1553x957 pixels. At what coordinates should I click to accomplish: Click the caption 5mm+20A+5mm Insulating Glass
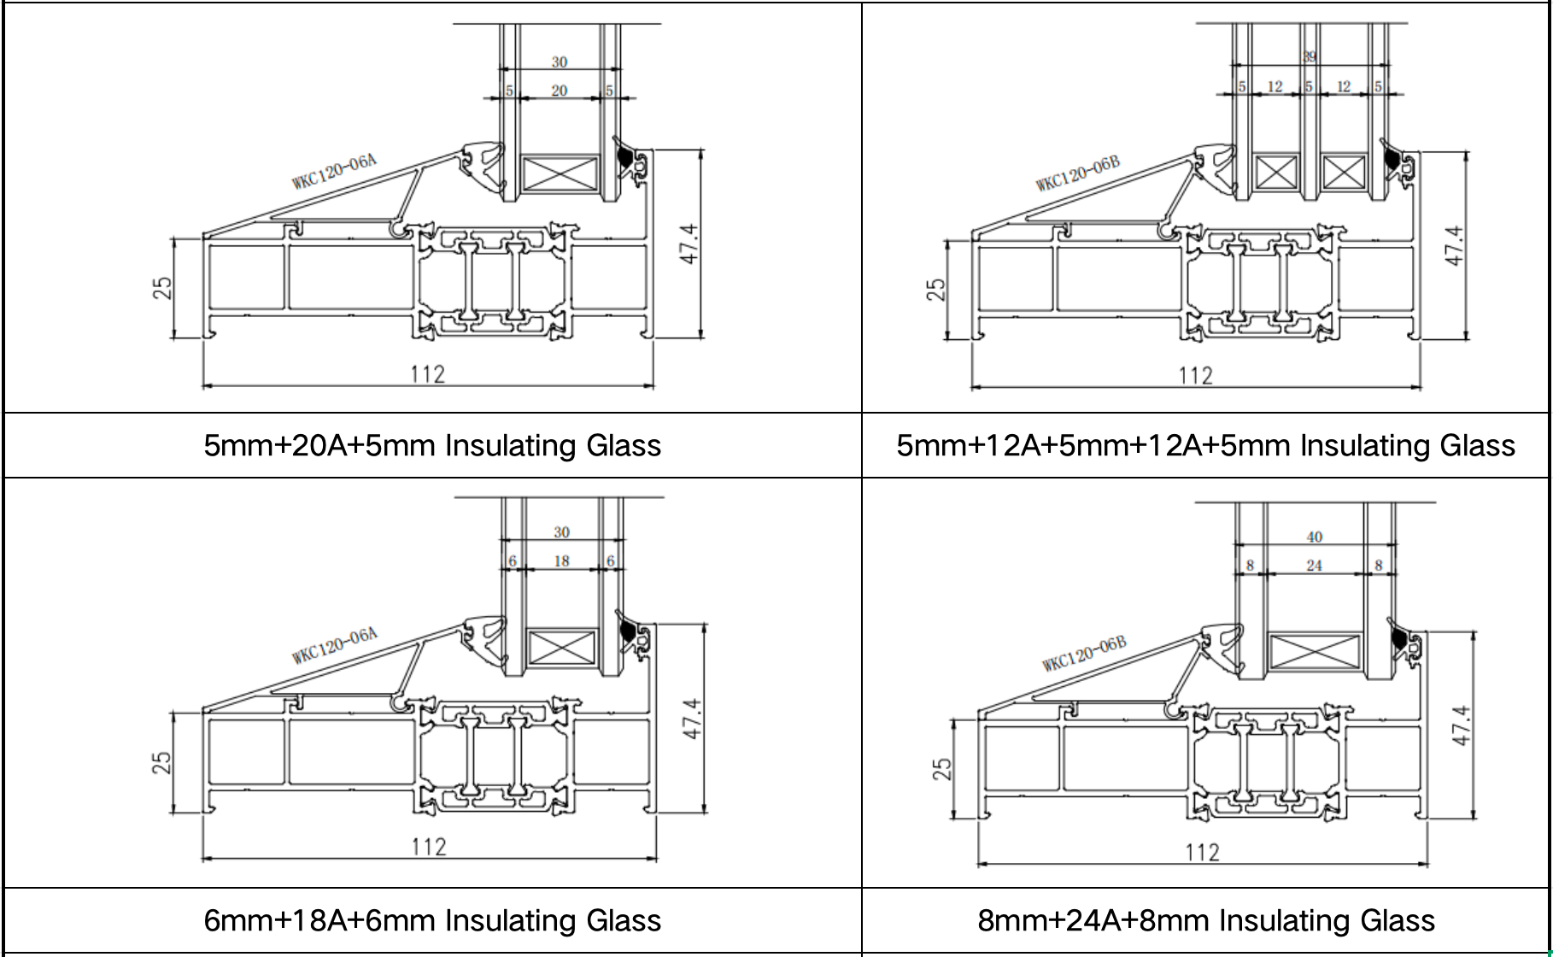pos(432,446)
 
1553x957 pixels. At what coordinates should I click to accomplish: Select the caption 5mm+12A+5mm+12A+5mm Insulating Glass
pos(1205,446)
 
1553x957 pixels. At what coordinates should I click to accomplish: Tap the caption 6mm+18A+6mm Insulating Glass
pos(432,920)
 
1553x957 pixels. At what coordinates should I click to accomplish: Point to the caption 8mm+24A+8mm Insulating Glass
pos(1205,920)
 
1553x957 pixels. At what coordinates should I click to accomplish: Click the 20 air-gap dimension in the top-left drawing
pos(560,91)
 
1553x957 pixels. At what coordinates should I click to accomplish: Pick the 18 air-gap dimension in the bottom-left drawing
pos(561,561)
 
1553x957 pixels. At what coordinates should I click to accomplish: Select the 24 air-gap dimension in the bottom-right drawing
pos(1314,566)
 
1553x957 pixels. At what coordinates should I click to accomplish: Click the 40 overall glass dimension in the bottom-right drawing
pos(1314,537)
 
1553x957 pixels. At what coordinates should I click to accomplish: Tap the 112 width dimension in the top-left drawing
pos(427,375)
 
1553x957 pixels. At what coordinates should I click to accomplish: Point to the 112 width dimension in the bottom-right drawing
pos(1202,853)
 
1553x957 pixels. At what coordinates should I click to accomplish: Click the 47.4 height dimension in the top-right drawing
pos(1455,245)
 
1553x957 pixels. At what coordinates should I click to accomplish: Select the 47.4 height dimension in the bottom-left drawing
pos(693,719)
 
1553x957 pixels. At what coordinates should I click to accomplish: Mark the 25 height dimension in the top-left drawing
pos(162,288)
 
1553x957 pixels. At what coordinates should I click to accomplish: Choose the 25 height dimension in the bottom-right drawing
pos(941,769)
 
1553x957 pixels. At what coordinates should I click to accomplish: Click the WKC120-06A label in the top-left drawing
pos(334,171)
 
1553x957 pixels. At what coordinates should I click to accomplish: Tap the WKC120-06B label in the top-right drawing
pos(1077,173)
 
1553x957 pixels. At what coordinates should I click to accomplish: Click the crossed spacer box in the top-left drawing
pos(560,173)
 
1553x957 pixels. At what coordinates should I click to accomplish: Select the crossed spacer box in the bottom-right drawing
pos(1315,653)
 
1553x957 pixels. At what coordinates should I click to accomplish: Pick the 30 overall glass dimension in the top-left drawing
pos(560,62)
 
